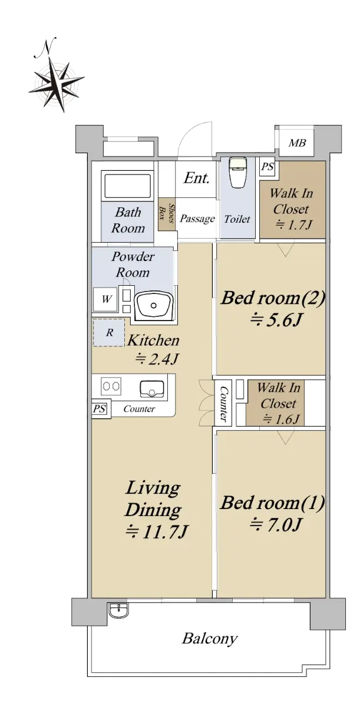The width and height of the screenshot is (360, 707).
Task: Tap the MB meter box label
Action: (x=297, y=143)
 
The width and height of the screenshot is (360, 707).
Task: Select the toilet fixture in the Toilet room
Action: (x=237, y=172)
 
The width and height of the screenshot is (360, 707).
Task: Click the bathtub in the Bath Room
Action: (x=127, y=185)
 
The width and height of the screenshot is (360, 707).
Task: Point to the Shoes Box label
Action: (x=167, y=213)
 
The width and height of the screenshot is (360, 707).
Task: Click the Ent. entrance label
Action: (x=196, y=178)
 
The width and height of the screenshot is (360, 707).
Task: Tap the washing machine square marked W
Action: (x=105, y=299)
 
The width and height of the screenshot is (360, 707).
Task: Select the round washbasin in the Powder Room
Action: (x=153, y=306)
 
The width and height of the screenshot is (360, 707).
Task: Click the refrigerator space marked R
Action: (x=109, y=332)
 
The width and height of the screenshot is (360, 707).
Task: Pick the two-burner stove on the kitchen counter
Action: (x=111, y=386)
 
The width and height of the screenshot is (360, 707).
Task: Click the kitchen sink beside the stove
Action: (x=152, y=389)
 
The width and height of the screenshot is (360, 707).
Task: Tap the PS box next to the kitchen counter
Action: (x=100, y=409)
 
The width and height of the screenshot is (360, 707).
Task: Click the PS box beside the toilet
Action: (x=267, y=166)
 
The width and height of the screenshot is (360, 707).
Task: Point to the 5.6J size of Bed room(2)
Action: (x=276, y=321)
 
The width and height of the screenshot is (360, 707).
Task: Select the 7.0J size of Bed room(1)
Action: (x=276, y=525)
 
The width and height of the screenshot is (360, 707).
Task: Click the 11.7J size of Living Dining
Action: (x=157, y=532)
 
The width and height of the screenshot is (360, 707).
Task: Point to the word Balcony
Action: (x=210, y=639)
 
